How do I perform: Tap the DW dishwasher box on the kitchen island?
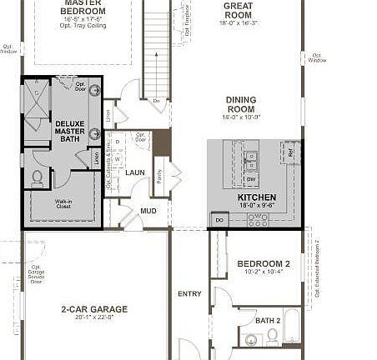coord(251,178)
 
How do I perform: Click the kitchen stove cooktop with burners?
coord(259,222)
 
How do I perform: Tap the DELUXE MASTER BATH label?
coord(70,132)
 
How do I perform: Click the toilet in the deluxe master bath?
coord(37,177)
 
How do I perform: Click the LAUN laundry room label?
coord(135,172)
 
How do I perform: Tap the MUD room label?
coord(148,211)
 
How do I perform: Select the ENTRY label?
coord(189,293)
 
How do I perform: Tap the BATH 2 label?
coord(267,320)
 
